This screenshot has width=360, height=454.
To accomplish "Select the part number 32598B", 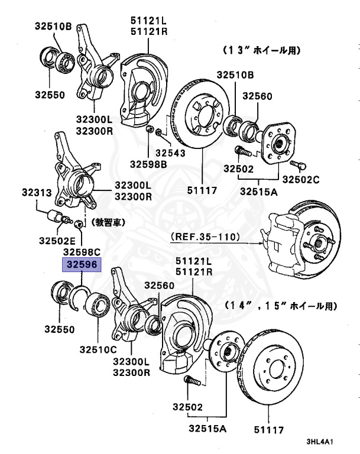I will tap(149, 163).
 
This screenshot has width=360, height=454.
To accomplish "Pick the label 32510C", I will tap(98, 349).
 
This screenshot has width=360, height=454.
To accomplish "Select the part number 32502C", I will tap(301, 179).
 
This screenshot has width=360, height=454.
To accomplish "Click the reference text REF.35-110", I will tap(205, 237).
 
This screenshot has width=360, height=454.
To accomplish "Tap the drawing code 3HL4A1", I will tap(320, 442).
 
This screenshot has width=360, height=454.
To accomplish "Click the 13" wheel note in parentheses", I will tap(262, 51).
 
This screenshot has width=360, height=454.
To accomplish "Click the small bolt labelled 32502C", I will tap(297, 164).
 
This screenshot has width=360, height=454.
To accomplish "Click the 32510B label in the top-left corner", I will tap(53, 26).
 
